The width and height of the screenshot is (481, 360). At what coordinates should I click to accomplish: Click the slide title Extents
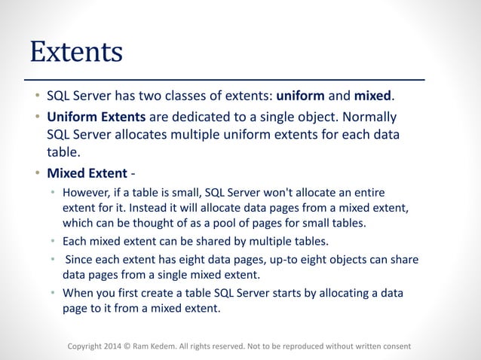pyautogui.click(x=75, y=51)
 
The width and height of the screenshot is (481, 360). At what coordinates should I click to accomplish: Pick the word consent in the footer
pyautogui.click(x=394, y=346)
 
